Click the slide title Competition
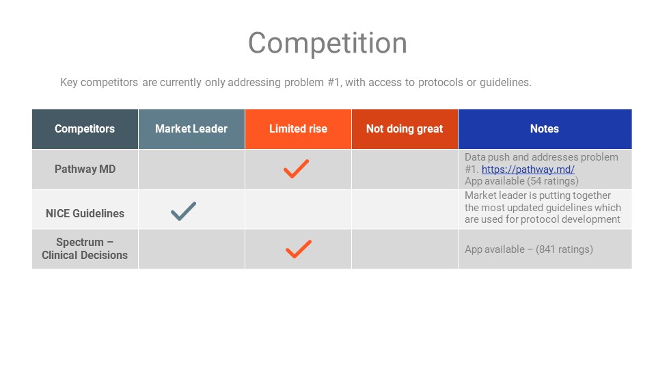pyautogui.click(x=327, y=43)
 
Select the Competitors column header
pyautogui.click(x=85, y=129)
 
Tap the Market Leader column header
pyautogui.click(x=191, y=129)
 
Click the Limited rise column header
pyautogui.click(x=298, y=129)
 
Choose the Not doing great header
pyautogui.click(x=405, y=129)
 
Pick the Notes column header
pyautogui.click(x=545, y=129)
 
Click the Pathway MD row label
pyautogui.click(x=85, y=169)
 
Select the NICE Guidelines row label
pyautogui.click(x=85, y=213)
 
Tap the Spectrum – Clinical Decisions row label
pyautogui.click(x=85, y=249)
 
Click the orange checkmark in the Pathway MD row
pyautogui.click(x=296, y=169)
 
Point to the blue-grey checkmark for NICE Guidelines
pyautogui.click(x=183, y=211)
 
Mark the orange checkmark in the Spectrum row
pyautogui.click(x=299, y=249)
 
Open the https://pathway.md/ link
pyautogui.click(x=528, y=169)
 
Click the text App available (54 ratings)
pyautogui.click(x=521, y=181)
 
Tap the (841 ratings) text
pyautogui.click(x=564, y=249)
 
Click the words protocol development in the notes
pyautogui.click(x=570, y=219)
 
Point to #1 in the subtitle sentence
pyautogui.click(x=334, y=83)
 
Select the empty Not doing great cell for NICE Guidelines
pyautogui.click(x=405, y=209)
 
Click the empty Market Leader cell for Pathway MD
pyautogui.click(x=191, y=169)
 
